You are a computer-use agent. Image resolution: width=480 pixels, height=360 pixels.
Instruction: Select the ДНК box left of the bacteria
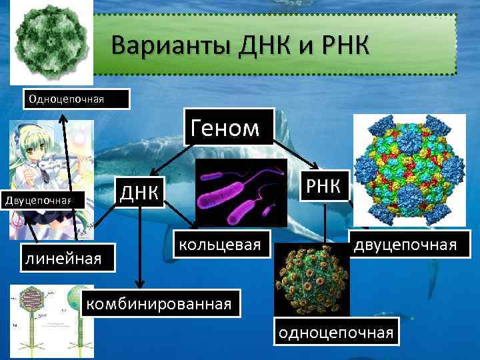click(139, 192)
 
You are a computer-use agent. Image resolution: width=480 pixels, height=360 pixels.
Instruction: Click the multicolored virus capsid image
click(409, 170)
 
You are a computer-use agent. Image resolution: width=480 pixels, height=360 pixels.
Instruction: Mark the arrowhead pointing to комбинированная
click(140, 285)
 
